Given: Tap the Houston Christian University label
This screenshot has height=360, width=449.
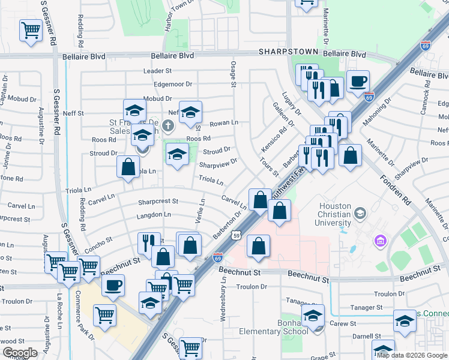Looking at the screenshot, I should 335,214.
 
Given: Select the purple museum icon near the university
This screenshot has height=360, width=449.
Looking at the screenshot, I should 379,241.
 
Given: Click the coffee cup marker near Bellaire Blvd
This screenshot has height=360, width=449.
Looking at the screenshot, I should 358,81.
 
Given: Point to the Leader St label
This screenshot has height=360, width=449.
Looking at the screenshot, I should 157,71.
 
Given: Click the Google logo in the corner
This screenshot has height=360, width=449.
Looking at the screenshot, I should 20,353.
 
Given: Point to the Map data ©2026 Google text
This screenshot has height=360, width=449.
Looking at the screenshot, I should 412,355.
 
